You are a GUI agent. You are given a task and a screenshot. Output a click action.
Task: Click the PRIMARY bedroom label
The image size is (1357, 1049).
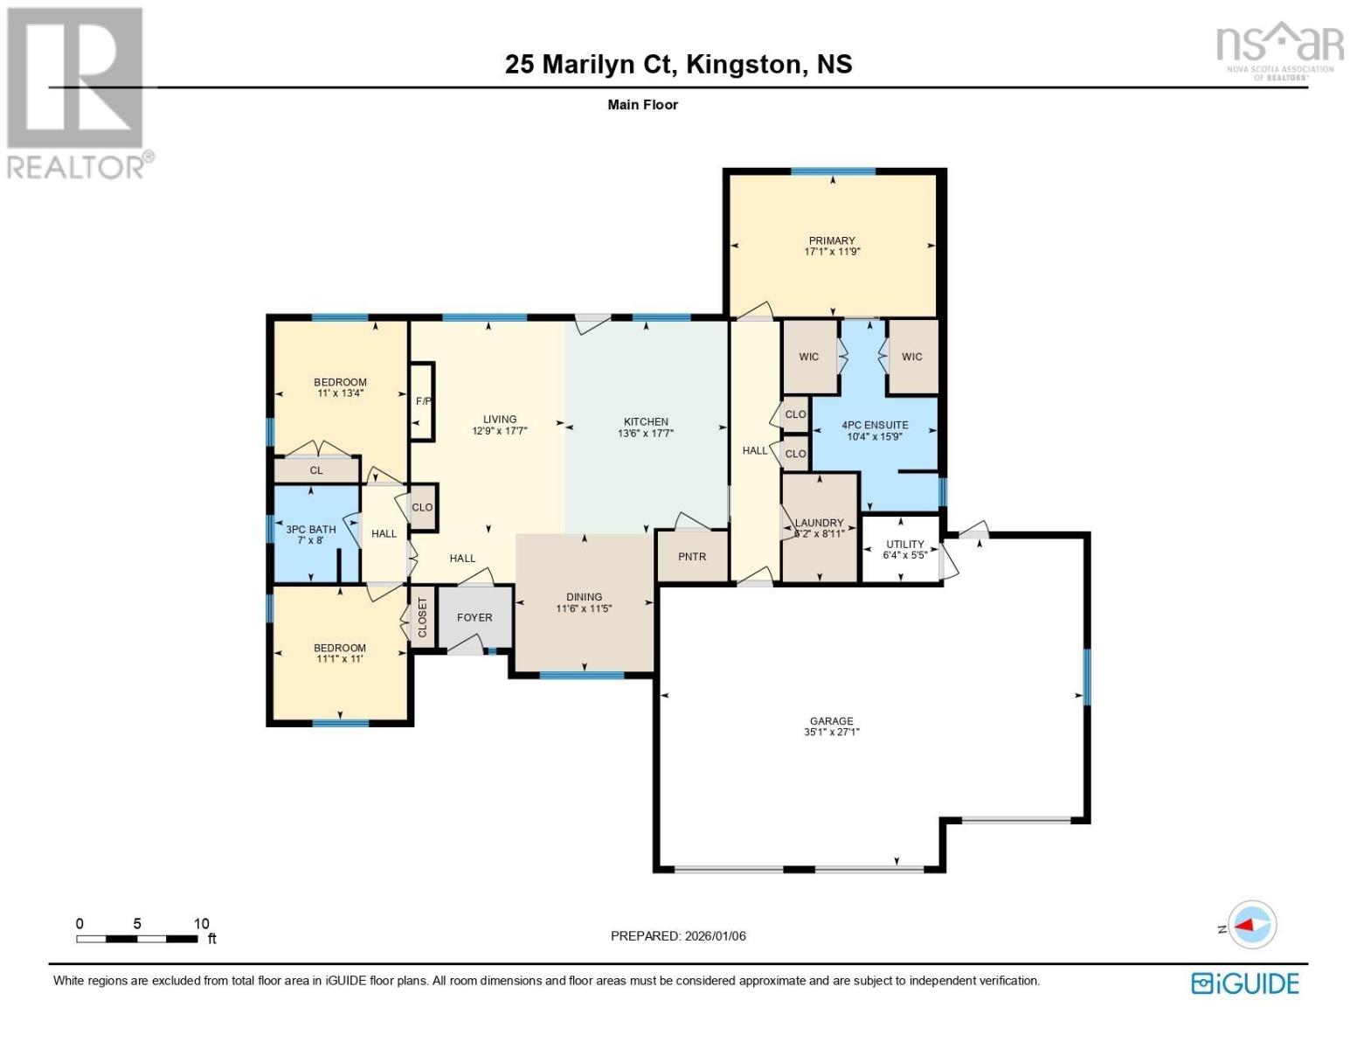(x=831, y=240)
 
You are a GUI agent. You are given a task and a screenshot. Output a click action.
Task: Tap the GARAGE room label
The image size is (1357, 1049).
(x=831, y=721)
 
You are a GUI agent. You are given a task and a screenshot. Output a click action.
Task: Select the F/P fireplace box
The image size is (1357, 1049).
(x=423, y=401)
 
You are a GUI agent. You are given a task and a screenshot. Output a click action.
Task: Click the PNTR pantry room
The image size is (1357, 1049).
(x=692, y=557)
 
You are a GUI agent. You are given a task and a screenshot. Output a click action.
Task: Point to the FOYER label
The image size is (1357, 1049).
(x=474, y=617)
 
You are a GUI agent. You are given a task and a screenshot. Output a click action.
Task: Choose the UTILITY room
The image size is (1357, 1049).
(x=904, y=549)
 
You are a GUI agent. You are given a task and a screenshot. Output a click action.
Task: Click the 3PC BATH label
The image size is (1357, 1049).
(x=310, y=529)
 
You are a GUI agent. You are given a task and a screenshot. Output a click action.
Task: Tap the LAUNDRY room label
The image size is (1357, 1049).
(x=820, y=523)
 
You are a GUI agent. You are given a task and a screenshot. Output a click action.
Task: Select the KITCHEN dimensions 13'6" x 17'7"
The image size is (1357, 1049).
(x=646, y=433)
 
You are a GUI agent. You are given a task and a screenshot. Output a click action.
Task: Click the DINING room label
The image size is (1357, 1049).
(x=584, y=597)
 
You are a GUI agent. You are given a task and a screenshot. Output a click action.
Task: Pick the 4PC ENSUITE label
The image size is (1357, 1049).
(x=875, y=425)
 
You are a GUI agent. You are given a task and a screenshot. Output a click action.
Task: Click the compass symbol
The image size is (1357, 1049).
(x=1252, y=924)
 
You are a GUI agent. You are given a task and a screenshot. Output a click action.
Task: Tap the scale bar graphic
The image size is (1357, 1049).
(x=136, y=939)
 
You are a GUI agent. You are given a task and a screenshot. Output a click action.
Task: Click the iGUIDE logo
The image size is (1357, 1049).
(x=1244, y=983)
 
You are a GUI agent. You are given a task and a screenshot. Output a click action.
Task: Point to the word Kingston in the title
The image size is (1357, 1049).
(x=744, y=65)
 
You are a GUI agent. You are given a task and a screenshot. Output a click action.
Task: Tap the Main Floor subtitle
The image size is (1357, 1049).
(x=642, y=105)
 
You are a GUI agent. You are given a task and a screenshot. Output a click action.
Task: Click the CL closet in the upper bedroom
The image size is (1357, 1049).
(x=316, y=470)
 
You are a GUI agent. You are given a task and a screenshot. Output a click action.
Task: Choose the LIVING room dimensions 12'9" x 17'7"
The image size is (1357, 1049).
(x=500, y=430)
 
